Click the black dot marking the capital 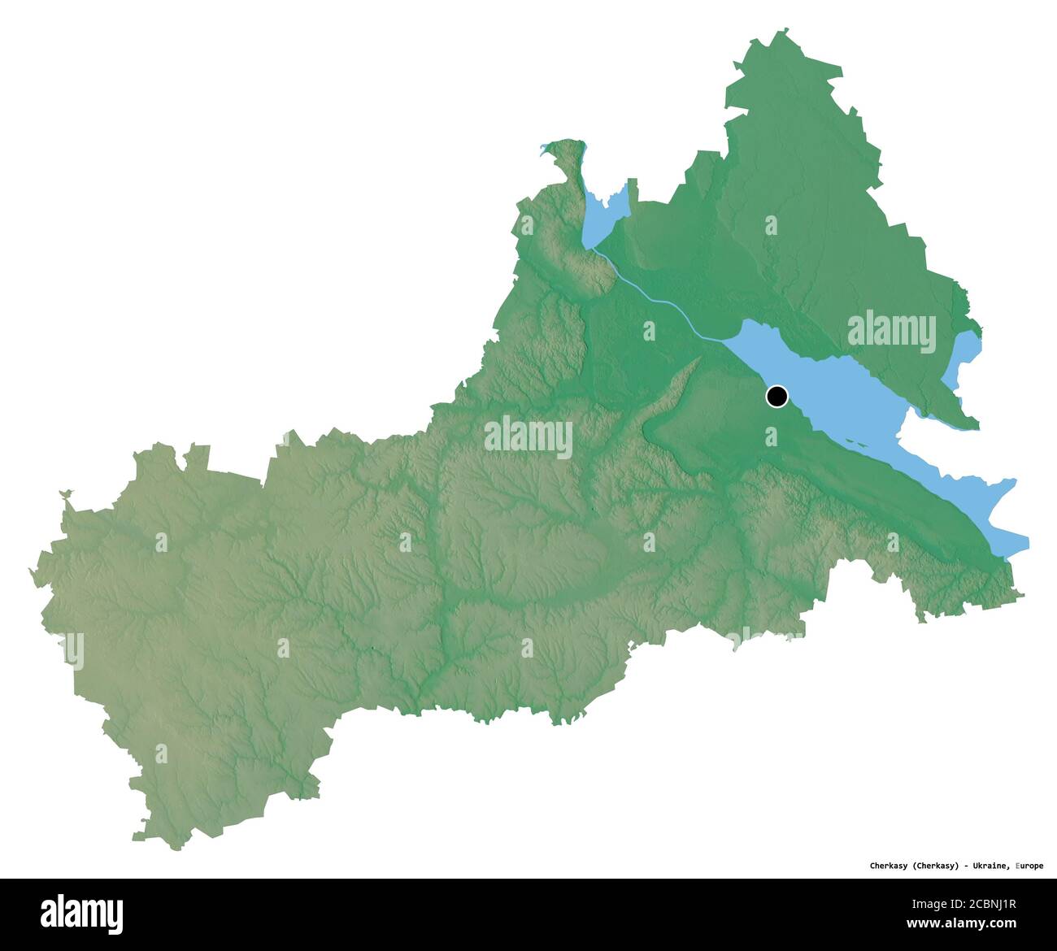(776, 397)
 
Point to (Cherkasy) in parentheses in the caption (936, 866)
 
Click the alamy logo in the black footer (82, 914)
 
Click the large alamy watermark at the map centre (528, 437)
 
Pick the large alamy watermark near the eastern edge (891, 332)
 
